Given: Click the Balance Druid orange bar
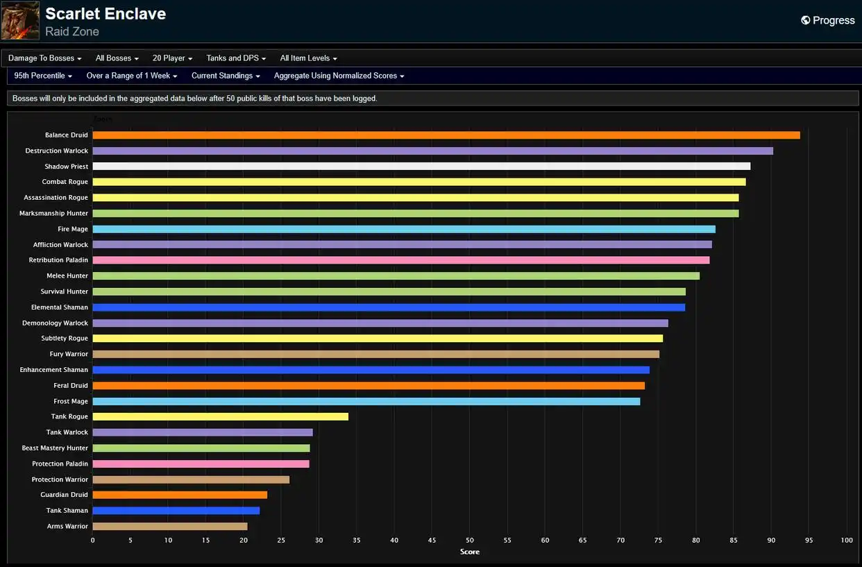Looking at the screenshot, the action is coord(446,135).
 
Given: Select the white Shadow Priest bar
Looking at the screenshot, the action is coord(421,167).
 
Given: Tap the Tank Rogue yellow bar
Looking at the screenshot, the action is coord(221,416).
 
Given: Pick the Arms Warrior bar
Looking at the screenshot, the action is coord(170,526).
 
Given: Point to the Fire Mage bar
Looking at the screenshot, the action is coord(404,229).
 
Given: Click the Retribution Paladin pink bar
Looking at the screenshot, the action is coord(401,260).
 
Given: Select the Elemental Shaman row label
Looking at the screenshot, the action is coord(60,307).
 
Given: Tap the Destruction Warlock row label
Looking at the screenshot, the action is coord(57,151).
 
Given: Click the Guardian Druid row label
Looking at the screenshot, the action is coord(65,495).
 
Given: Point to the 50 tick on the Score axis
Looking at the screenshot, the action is coord(470,540).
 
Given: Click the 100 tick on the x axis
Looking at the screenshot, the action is coord(847,540).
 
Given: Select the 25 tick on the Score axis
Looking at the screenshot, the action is coord(281,540).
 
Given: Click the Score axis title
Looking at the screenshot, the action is coord(470,552).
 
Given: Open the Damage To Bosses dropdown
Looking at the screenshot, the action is coord(44,58).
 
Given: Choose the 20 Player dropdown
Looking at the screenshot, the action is coord(172,58).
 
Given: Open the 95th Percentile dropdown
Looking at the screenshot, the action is coord(43,76).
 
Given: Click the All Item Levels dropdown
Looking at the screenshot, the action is coord(308,58).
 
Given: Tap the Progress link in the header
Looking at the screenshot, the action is coord(828,20).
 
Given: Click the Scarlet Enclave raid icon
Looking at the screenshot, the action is coord(20,20).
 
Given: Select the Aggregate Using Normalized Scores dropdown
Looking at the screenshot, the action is coord(339,76).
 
